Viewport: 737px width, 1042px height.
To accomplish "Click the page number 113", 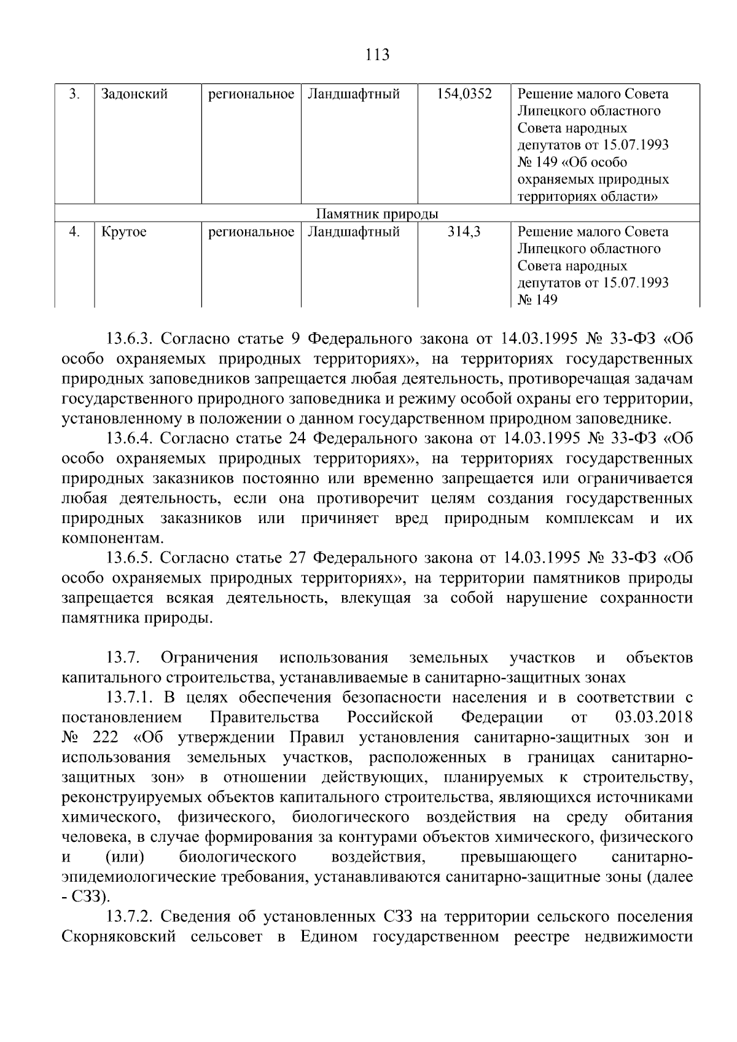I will click(377, 55).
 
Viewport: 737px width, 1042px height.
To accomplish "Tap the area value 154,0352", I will click(464, 94).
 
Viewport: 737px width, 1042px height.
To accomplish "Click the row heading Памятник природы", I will click(377, 214).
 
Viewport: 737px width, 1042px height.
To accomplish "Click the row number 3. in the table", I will click(74, 94).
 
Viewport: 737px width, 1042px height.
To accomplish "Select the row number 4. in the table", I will click(74, 231).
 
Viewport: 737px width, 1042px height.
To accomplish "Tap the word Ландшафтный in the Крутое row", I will click(353, 231).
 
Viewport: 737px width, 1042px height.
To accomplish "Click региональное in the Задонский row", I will click(251, 94).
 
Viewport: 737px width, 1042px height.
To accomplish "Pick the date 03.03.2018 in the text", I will click(653, 717).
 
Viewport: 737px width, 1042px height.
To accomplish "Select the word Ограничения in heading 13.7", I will click(209, 658).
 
